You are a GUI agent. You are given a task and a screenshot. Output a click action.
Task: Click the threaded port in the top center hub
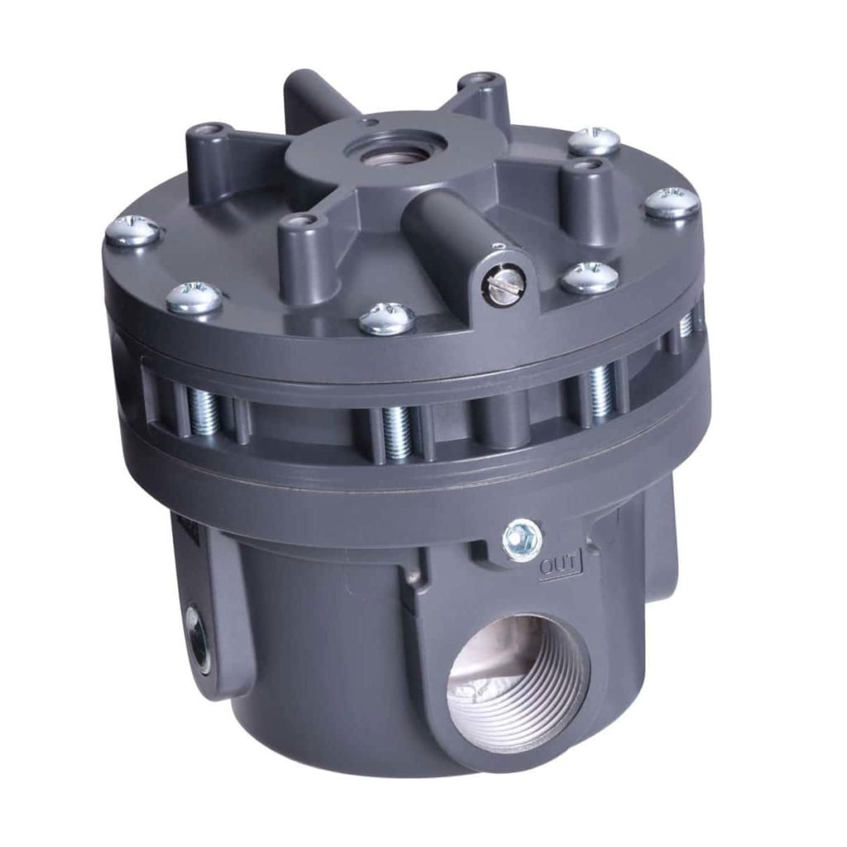click(x=394, y=148)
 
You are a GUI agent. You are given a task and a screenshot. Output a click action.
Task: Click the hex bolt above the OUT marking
click(x=524, y=539)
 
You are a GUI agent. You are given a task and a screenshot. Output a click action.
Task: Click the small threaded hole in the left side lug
click(x=197, y=634)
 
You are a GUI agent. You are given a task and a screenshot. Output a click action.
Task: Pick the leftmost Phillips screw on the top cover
click(x=133, y=229)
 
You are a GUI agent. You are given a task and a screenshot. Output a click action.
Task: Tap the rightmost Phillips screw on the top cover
click(x=671, y=202)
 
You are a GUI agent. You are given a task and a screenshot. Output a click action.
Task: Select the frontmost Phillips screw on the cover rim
click(x=386, y=318)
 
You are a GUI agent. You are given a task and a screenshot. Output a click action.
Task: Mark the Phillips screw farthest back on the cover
click(x=594, y=140)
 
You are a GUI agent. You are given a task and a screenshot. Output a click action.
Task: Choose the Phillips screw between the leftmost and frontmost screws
click(x=194, y=297)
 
